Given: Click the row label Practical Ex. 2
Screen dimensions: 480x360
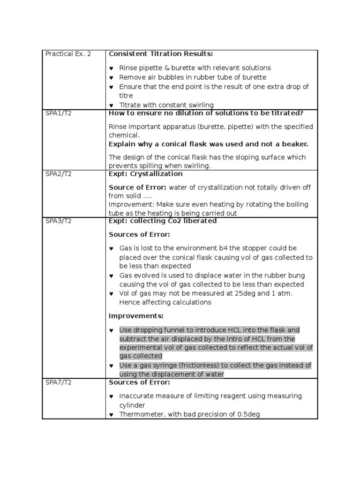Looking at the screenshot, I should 68,54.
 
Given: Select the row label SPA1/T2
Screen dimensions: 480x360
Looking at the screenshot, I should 59,113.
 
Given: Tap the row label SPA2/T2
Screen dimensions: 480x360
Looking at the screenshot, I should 59,174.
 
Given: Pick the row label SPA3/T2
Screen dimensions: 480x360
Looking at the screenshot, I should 59,221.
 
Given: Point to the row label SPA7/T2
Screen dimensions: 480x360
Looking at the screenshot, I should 59,382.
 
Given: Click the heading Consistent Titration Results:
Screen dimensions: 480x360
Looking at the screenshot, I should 161,54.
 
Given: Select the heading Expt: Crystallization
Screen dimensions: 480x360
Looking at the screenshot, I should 145,174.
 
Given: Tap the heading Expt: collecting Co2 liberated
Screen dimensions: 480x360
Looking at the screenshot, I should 163,221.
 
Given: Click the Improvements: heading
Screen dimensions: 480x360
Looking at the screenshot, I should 136,316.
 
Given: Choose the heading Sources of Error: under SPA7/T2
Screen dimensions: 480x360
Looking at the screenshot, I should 139,382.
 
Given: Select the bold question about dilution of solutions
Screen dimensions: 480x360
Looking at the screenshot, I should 206,113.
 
